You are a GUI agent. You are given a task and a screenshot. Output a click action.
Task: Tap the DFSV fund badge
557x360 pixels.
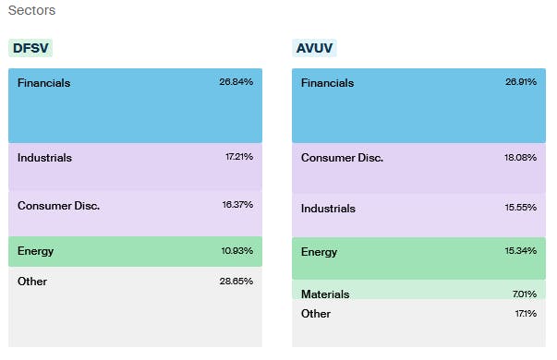click(29, 49)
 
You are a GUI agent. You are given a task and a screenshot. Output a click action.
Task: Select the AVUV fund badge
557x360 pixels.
click(315, 49)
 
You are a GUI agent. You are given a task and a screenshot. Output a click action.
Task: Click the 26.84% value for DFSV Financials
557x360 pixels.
click(236, 82)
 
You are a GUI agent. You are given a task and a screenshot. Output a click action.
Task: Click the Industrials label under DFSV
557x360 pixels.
click(44, 158)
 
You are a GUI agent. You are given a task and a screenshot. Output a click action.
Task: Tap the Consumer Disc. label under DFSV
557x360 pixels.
click(58, 205)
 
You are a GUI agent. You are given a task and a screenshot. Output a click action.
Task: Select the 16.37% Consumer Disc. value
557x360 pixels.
click(237, 205)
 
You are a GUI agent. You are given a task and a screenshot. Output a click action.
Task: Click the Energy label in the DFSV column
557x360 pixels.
click(35, 251)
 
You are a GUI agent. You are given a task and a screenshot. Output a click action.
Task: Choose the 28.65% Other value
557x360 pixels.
click(236, 282)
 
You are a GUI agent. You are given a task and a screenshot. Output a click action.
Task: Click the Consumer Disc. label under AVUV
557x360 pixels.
click(342, 158)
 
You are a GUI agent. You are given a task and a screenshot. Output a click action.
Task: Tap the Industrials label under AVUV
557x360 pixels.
click(328, 208)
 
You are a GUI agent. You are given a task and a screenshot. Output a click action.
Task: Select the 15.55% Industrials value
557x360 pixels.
click(521, 208)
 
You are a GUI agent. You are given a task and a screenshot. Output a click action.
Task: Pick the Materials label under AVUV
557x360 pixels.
click(325, 294)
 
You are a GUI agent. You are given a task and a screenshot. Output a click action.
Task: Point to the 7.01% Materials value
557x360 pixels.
click(524, 294)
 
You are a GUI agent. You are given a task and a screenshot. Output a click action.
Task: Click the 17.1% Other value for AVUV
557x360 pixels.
click(525, 314)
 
